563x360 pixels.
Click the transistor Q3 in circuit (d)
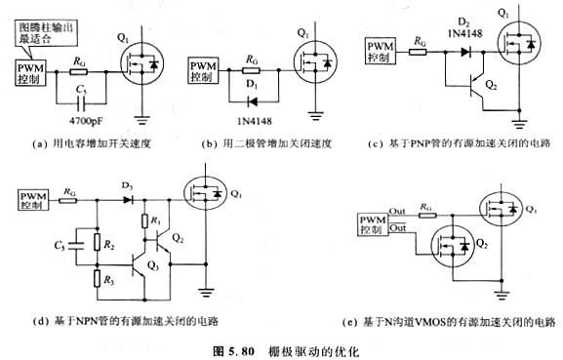tap(147, 266)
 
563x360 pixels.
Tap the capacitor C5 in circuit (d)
tap(67, 241)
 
